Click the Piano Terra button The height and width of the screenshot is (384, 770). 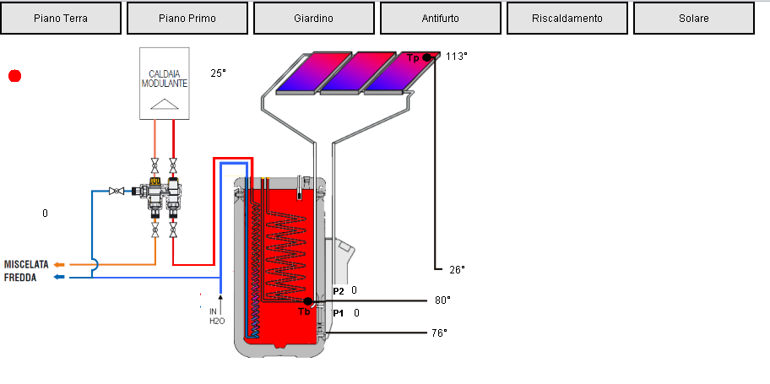coord(61,18)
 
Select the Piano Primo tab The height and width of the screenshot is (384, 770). coord(187,18)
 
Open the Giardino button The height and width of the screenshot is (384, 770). coord(314,18)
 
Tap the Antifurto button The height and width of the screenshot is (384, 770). coord(441,18)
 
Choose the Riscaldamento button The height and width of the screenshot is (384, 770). coord(567,18)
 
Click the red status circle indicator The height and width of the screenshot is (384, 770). coord(14,76)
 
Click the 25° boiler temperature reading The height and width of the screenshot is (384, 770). coord(219,73)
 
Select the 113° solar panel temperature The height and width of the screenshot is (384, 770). coord(456,57)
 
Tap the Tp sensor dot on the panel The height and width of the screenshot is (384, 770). coord(427,57)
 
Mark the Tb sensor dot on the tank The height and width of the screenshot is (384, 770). coord(308,301)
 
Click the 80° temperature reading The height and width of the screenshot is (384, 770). coord(442,300)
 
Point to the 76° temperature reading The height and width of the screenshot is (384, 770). coord(438,333)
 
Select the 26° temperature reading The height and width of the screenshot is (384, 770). coord(457,270)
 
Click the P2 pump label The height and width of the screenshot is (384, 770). coord(339,290)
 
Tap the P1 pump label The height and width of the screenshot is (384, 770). coord(339,313)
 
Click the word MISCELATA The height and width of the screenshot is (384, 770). coord(26,264)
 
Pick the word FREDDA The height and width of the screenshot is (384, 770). coord(20,276)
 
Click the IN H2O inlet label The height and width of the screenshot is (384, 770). coord(214,316)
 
